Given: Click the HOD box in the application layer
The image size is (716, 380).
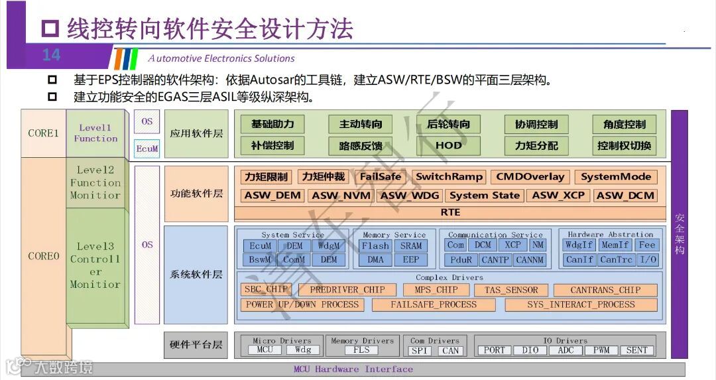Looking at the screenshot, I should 448,145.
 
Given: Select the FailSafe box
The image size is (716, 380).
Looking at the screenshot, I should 381,177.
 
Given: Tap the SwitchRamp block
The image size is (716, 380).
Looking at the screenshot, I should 449,177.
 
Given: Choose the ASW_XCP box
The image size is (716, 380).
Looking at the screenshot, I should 558,196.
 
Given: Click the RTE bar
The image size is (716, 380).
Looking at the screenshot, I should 449,212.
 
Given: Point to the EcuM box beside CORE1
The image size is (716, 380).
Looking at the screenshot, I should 147,149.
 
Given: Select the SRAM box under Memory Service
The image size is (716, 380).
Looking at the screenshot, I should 411,245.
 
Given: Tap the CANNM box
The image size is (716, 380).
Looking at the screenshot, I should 529,259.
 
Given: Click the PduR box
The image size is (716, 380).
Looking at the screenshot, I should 461,259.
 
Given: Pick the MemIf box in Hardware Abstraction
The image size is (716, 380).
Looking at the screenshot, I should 615,245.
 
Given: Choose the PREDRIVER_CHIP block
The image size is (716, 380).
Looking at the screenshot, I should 347,290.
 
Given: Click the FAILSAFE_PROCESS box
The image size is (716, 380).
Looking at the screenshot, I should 434,305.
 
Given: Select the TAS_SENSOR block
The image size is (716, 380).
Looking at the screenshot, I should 511,290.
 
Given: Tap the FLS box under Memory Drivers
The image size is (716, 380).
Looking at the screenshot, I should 361,350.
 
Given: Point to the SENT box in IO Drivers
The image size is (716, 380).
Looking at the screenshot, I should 636,350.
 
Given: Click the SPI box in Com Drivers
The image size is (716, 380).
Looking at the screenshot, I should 419,351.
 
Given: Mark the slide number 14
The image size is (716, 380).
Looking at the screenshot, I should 51,55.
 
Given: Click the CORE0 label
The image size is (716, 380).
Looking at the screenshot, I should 44,256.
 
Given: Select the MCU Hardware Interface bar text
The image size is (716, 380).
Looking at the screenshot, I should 353,369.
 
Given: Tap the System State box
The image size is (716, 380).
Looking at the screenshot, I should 485,196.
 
